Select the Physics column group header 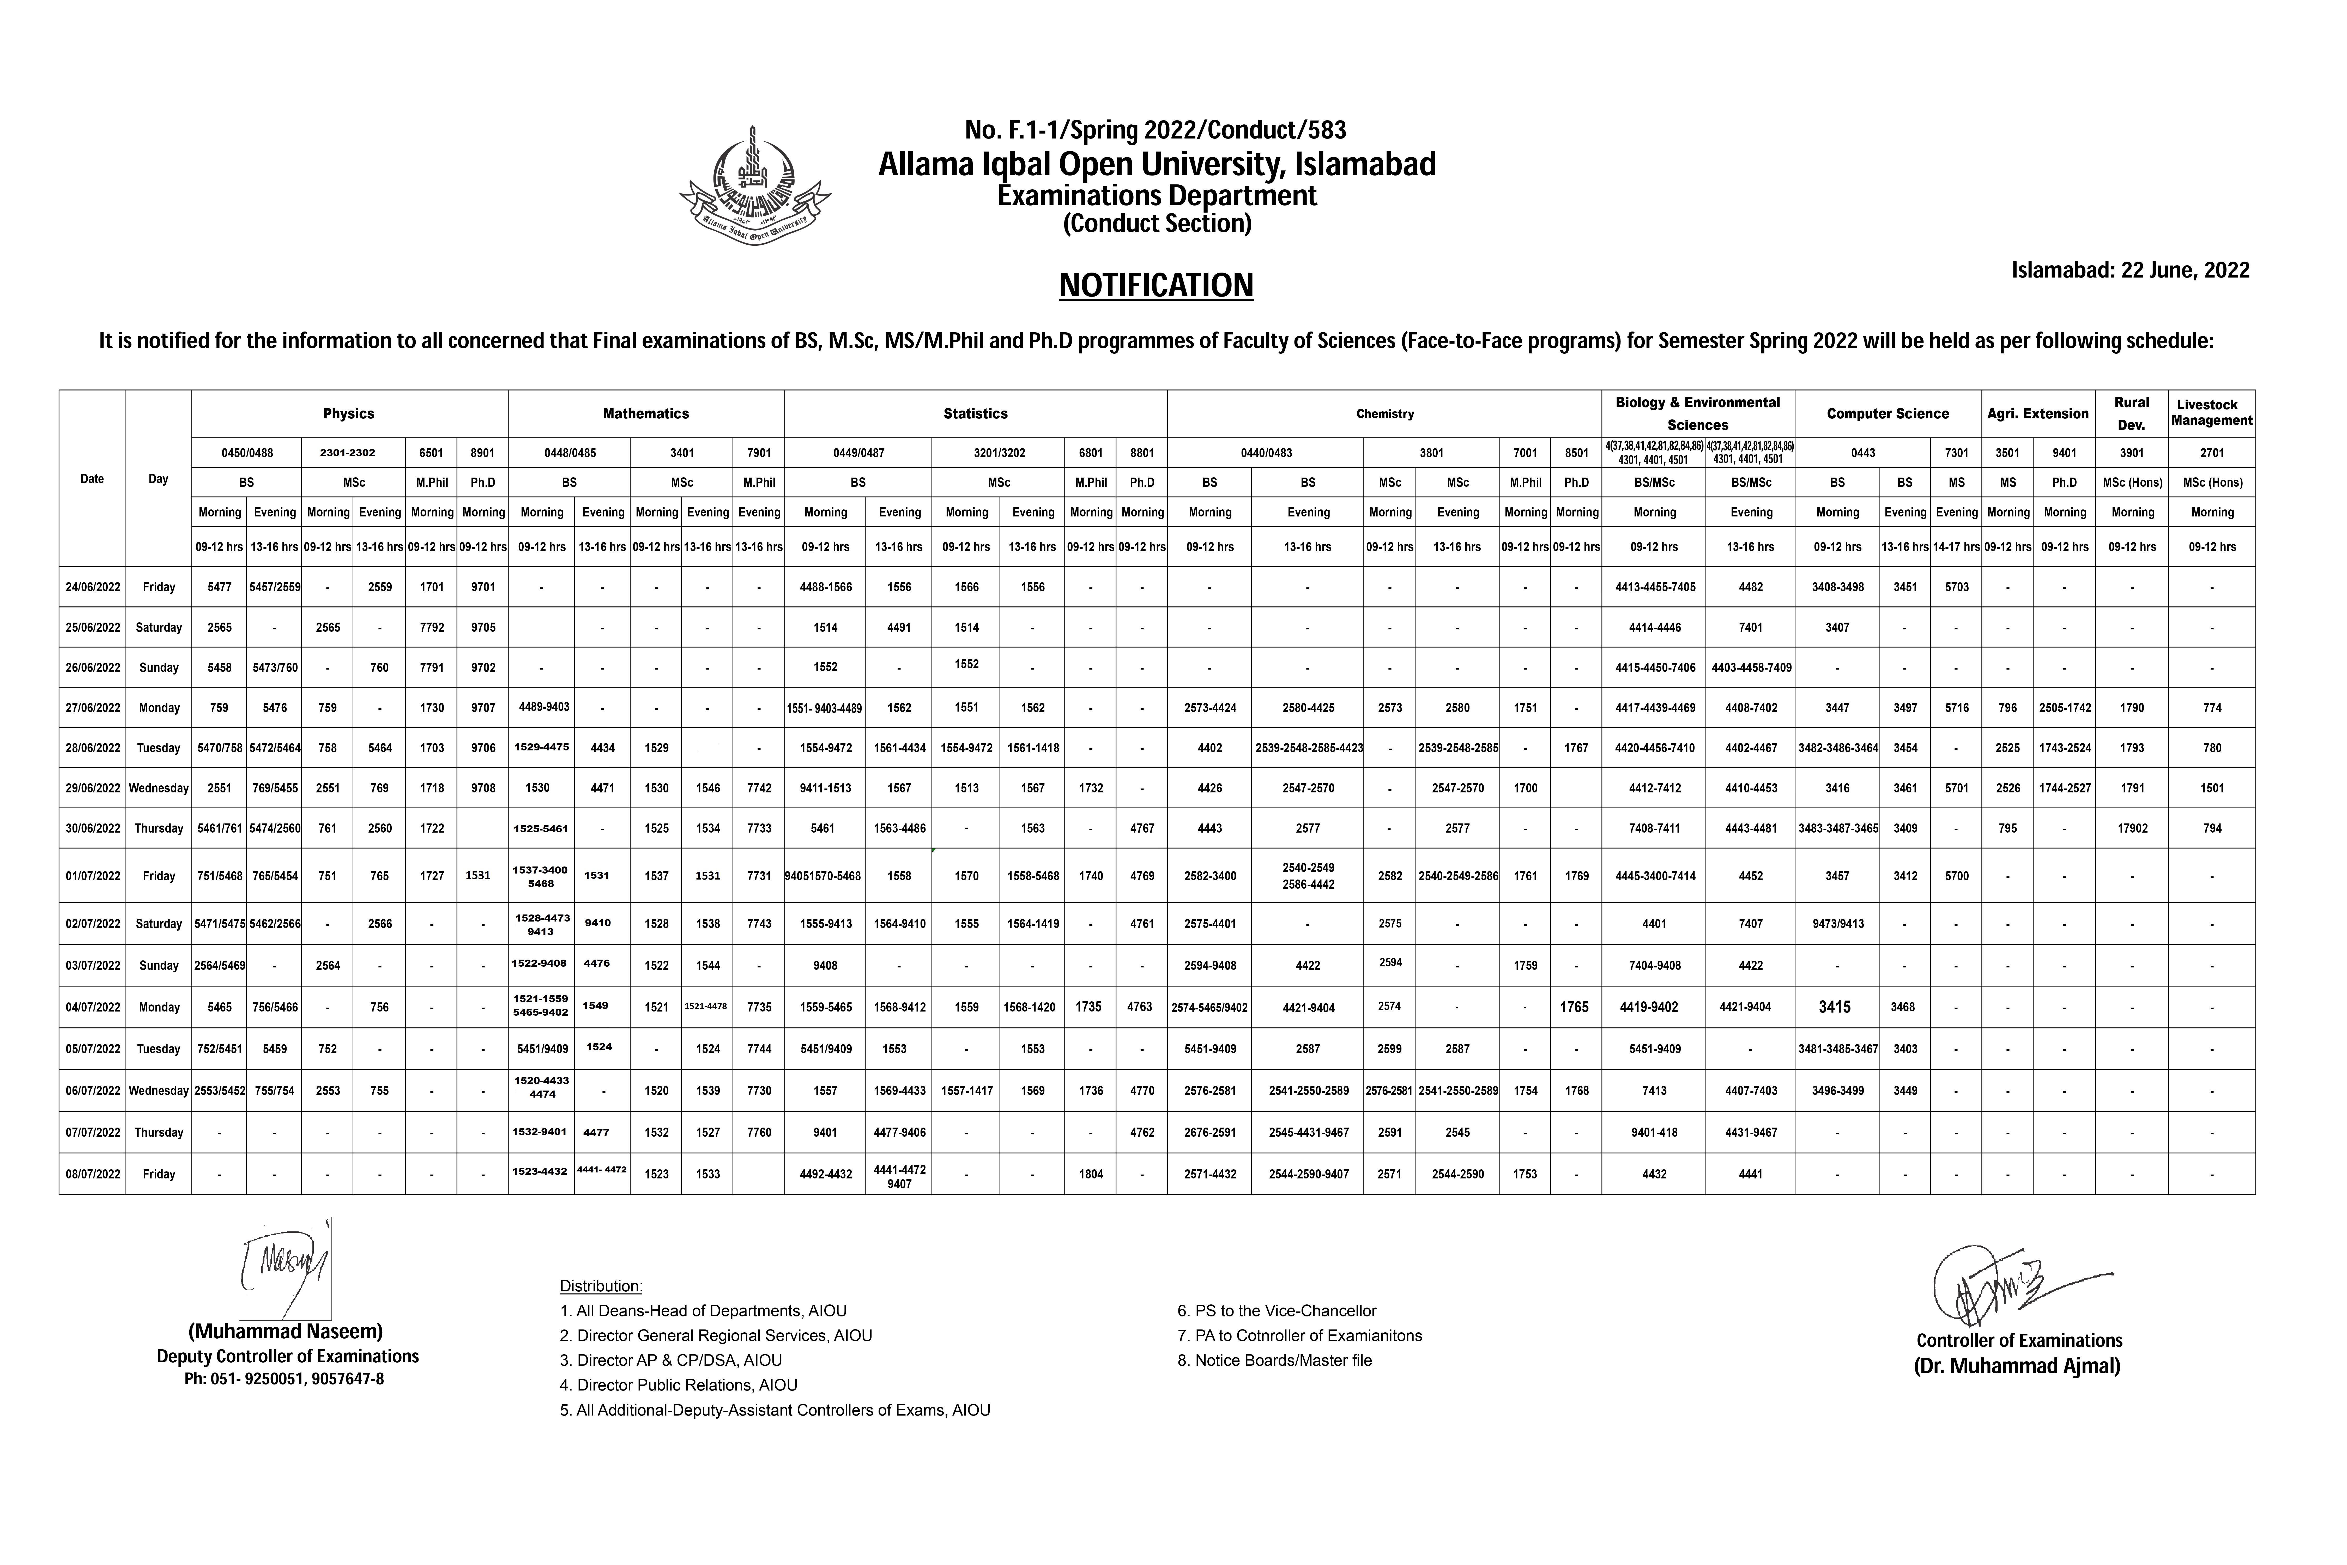point(348,413)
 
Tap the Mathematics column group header point(646,413)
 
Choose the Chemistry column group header point(1384,413)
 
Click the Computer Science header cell point(1887,413)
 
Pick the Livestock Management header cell point(2211,413)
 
